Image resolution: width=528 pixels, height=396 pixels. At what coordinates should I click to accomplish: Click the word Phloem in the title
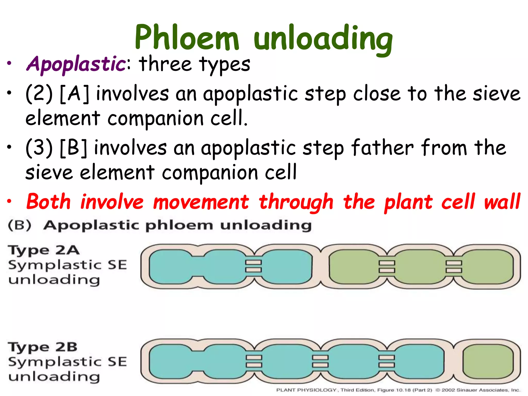[x=187, y=37]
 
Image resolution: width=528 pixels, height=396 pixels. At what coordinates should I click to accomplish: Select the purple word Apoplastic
[x=76, y=64]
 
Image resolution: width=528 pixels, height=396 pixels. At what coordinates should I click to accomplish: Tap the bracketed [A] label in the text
[x=75, y=94]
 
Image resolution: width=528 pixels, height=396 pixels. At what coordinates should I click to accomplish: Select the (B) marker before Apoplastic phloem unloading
[x=20, y=225]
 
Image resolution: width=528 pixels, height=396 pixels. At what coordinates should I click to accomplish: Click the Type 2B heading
[x=43, y=347]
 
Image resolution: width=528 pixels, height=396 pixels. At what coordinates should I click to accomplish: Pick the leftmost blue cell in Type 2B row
[x=170, y=361]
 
